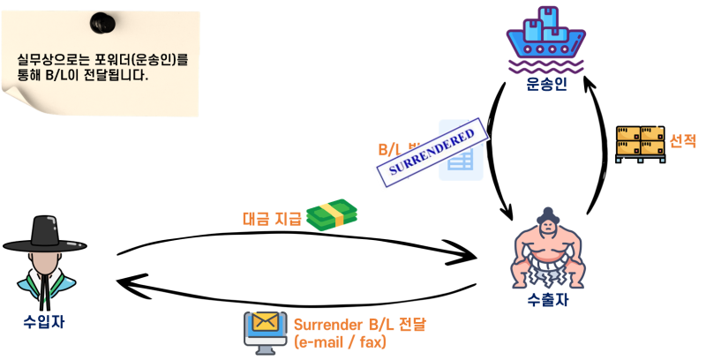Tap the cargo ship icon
coord(545,39)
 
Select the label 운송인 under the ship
coord(546,85)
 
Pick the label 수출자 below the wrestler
coord(547,300)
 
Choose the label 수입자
coord(44,322)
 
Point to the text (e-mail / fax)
coord(340,342)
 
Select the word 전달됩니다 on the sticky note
coord(116,76)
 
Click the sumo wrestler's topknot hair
coord(547,213)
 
